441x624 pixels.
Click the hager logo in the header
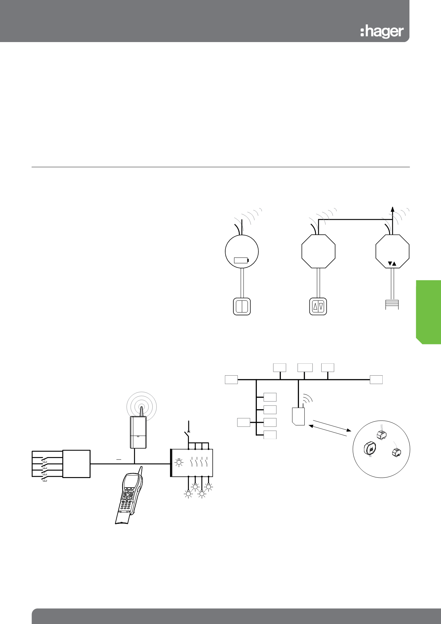382,32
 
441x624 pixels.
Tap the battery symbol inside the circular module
242,260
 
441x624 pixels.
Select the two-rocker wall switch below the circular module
242,306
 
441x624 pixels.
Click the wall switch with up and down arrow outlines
318,306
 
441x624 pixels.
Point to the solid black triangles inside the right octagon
392,263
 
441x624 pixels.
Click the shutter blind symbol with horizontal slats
392,304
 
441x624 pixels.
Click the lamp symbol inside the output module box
179,462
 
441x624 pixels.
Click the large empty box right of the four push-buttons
76,464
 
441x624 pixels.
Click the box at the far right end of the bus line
376,380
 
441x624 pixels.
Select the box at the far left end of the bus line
231,380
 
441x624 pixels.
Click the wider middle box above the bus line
305,367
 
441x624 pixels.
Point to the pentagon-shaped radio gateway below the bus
299,416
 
